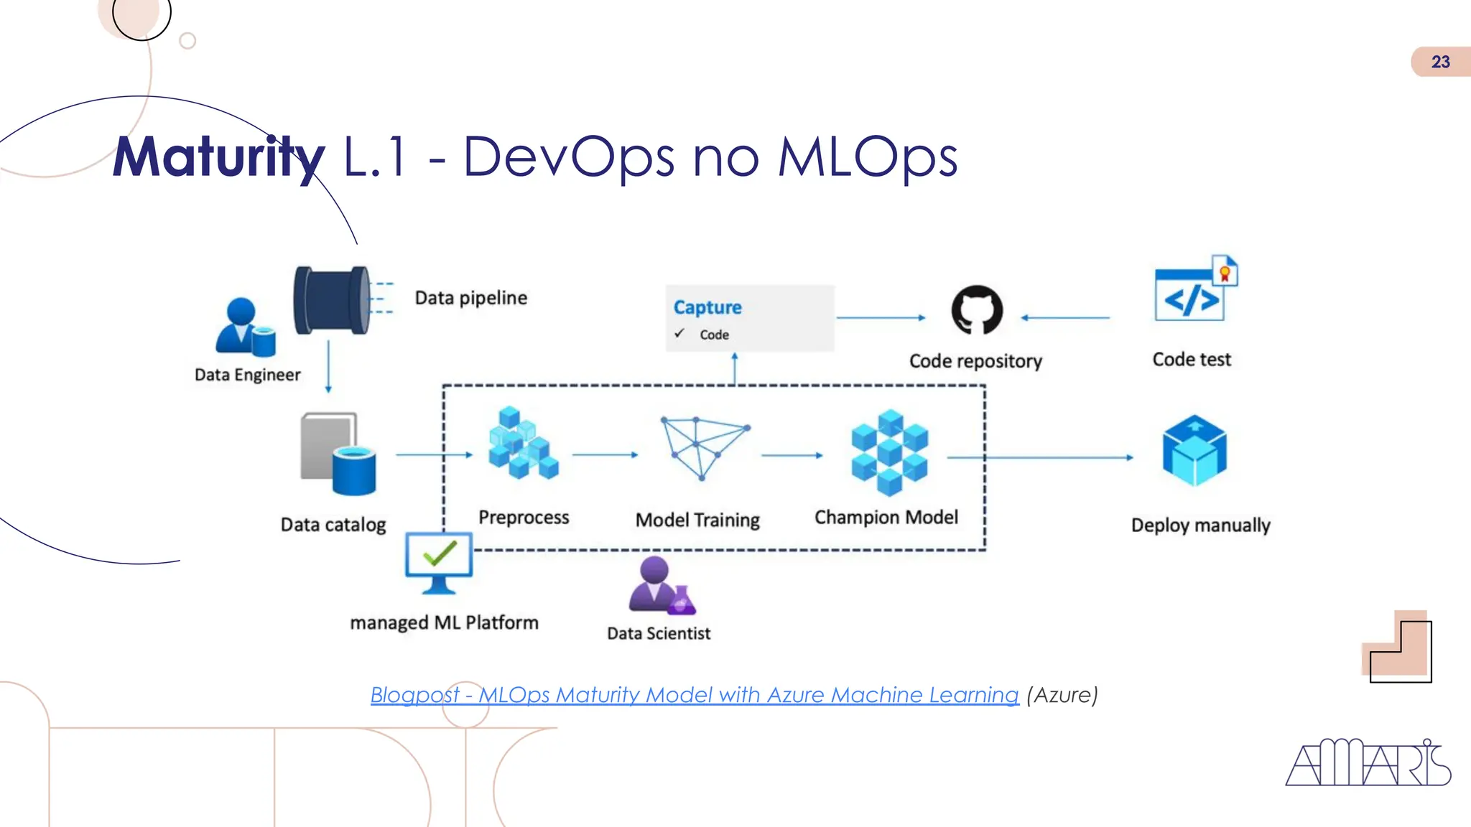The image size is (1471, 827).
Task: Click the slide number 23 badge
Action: (x=1439, y=62)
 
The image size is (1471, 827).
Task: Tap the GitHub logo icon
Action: (x=977, y=310)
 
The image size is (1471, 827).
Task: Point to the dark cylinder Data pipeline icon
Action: (x=332, y=299)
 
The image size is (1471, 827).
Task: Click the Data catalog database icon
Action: (x=338, y=454)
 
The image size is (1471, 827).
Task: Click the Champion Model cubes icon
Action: (x=889, y=452)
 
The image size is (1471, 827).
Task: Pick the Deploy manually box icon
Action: (x=1194, y=450)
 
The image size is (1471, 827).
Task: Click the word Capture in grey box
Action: (x=707, y=307)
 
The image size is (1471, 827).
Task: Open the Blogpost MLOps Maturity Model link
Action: (x=694, y=695)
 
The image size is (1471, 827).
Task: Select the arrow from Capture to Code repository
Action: (x=881, y=317)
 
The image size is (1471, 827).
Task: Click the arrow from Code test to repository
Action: (x=1065, y=317)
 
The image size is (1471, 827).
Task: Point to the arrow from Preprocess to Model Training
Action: (x=605, y=454)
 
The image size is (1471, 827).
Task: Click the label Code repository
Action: (x=975, y=361)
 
